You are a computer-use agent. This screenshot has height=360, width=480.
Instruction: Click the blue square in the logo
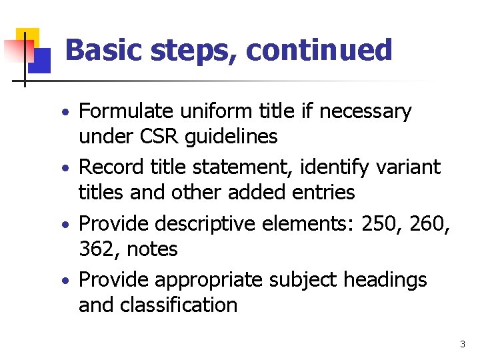pyautogui.click(x=39, y=61)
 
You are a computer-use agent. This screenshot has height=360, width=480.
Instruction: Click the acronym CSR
pyautogui.click(x=160, y=137)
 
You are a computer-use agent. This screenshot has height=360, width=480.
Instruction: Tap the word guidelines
pyautogui.click(x=231, y=137)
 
